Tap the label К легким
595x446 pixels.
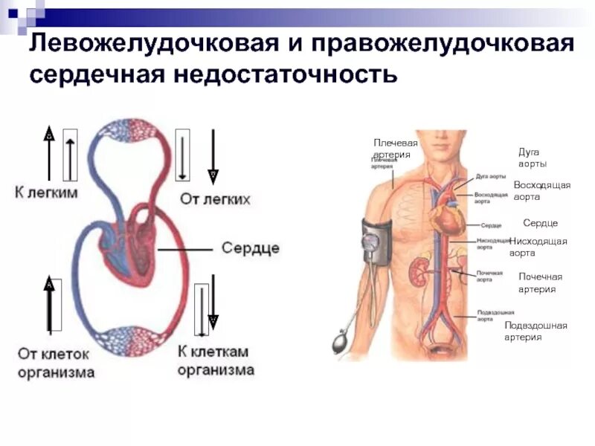pos(46,193)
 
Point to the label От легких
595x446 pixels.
pos(215,199)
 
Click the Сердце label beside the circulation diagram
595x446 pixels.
pos(251,248)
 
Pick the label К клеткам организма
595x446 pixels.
pos(216,361)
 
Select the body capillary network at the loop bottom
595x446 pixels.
pos(130,340)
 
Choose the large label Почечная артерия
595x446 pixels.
pos(540,282)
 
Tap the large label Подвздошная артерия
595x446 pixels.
pos(535,331)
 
